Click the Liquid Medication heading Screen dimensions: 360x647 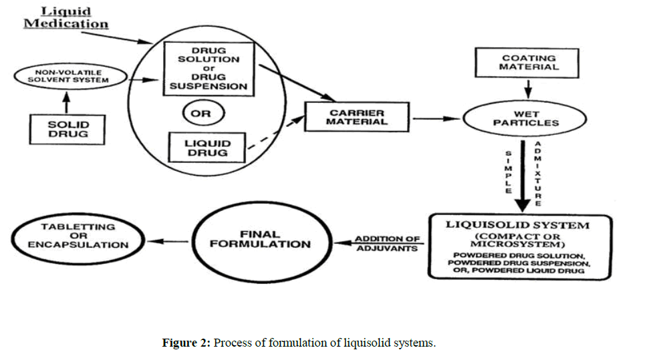pyautogui.click(x=66, y=18)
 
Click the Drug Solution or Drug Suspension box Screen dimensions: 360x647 pyautogui.click(x=209, y=68)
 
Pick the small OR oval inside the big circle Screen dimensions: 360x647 pyautogui.click(x=201, y=114)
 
